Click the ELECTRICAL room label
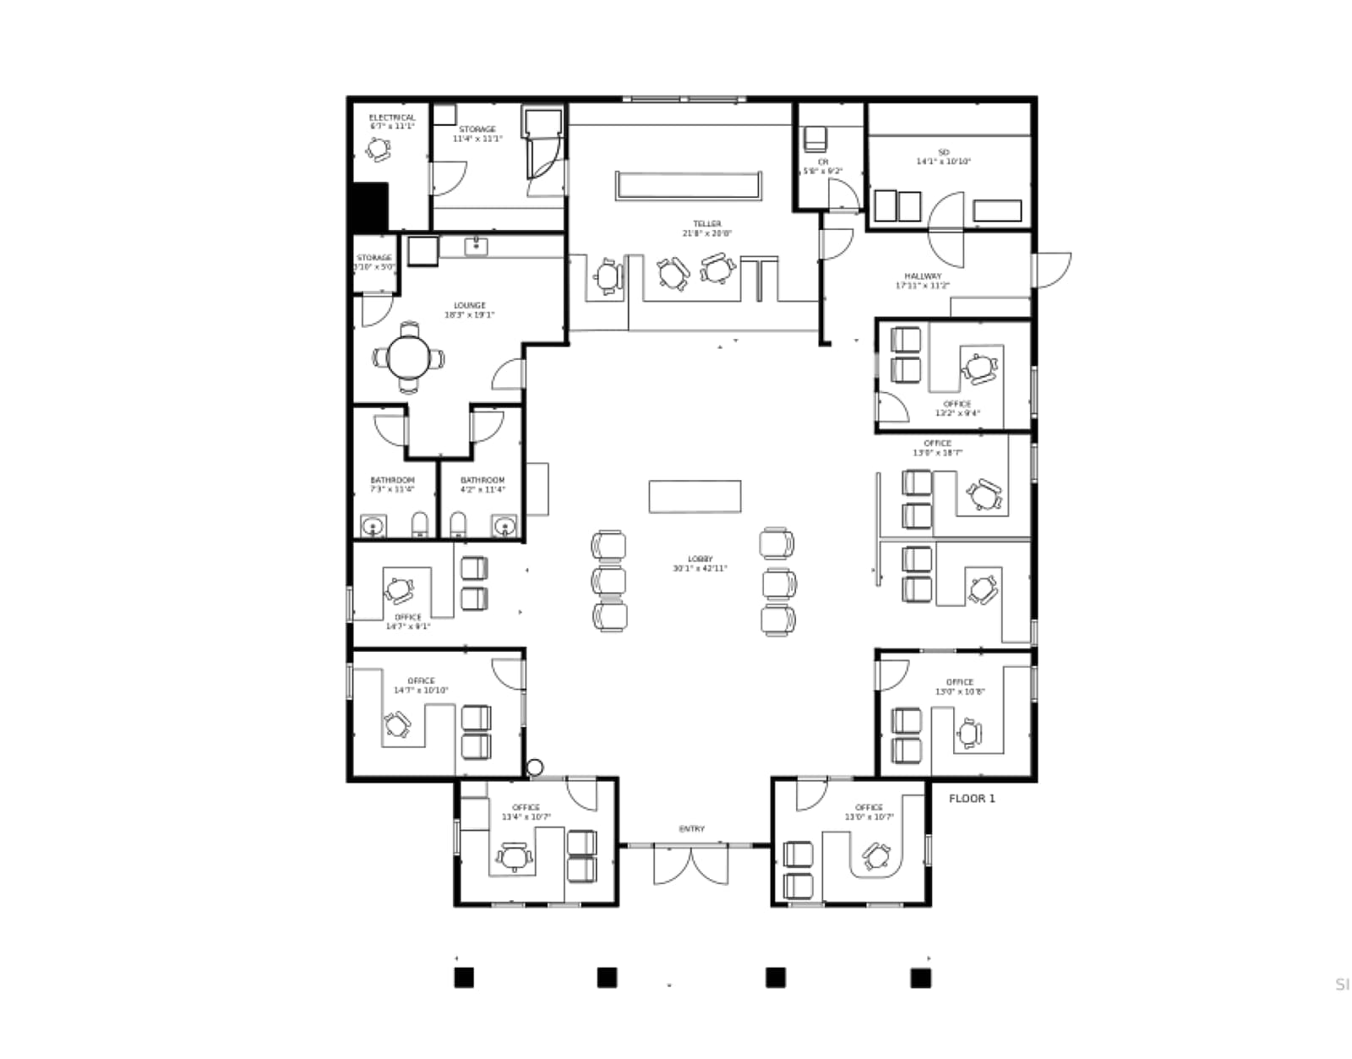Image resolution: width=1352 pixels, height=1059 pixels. [x=391, y=118]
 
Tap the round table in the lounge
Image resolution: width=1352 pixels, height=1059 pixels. [x=409, y=358]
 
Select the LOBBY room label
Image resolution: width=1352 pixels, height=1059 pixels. [x=700, y=560]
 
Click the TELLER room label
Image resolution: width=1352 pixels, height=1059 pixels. [x=706, y=224]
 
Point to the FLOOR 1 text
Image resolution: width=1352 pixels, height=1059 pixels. [x=972, y=799]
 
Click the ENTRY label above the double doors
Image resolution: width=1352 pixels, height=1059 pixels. [x=691, y=829]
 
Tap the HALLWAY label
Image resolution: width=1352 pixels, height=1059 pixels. [x=922, y=276]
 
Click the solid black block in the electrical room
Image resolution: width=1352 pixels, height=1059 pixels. [x=369, y=207]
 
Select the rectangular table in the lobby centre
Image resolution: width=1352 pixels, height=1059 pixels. [x=695, y=496]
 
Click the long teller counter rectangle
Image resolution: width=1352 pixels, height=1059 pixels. [x=689, y=186]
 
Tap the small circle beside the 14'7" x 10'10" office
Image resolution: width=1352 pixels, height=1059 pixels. [x=534, y=767]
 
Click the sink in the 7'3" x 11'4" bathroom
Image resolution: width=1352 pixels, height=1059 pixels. [x=373, y=527]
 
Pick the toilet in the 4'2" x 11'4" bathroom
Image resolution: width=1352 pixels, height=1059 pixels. [x=457, y=525]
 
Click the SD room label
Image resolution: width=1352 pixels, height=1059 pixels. [x=943, y=152]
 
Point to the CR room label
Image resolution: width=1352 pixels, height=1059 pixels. [x=822, y=162]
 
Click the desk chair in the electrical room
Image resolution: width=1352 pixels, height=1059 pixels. [x=379, y=150]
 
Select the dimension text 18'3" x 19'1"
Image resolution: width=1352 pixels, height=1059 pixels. [x=469, y=315]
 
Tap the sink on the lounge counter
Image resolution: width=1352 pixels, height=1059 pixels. [x=476, y=246]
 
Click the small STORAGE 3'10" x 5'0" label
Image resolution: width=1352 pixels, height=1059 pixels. [x=374, y=259]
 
